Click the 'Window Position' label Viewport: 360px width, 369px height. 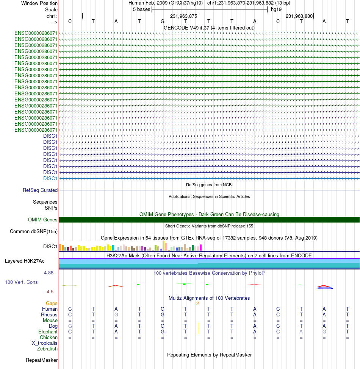[39, 3]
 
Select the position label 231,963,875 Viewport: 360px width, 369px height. [183, 16]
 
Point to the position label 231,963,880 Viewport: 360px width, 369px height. [299, 16]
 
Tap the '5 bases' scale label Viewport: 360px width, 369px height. [141, 9]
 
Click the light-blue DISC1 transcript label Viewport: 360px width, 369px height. [50, 178]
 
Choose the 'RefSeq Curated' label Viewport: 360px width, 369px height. [40, 190]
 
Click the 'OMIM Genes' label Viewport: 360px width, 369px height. [43, 220]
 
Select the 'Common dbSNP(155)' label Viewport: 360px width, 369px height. [34, 231]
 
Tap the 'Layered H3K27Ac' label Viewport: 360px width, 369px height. [25, 261]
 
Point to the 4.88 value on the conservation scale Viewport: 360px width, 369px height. [49, 273]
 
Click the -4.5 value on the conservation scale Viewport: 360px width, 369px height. [49, 292]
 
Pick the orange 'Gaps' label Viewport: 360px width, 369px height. [52, 304]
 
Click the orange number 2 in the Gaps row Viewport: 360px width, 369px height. [198, 304]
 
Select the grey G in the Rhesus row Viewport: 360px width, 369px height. [116, 315]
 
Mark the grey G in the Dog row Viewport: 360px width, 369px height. [70, 326]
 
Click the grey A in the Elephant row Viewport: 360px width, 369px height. [301, 332]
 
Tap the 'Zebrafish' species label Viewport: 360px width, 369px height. [47, 349]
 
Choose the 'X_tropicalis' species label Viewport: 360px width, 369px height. [45, 343]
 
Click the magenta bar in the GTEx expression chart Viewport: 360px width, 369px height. [201, 248]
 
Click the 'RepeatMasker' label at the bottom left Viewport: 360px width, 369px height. [42, 360]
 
